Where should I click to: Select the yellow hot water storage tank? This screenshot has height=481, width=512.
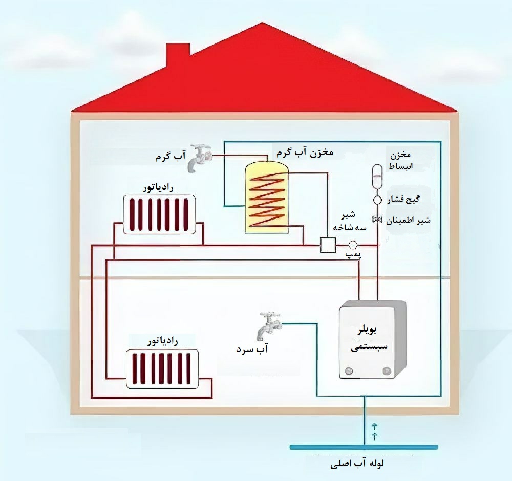266,197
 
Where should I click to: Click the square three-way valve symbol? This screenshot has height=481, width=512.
326,245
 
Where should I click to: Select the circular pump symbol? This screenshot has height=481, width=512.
353,245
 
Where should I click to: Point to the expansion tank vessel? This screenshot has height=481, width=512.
377,176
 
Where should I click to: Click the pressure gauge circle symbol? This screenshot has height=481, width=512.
377,201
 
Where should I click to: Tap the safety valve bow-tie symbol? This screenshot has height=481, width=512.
377,220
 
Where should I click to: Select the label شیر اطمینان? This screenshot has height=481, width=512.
408,220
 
